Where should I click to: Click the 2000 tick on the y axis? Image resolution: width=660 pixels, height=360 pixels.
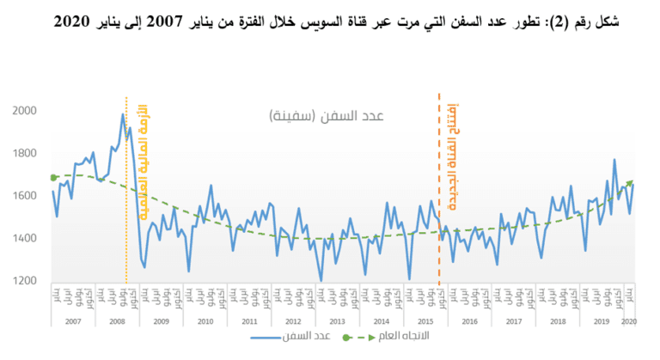[x=26, y=111]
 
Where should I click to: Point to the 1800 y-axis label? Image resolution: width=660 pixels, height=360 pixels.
[x=26, y=153]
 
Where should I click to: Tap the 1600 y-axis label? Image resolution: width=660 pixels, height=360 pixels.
[x=26, y=196]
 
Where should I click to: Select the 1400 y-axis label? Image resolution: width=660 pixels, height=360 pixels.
[x=26, y=238]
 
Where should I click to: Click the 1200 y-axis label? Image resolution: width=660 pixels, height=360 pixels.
[x=26, y=281]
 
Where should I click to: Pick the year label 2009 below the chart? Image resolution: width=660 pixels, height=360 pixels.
[x=161, y=320]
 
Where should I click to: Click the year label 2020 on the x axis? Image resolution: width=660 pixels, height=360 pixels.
[x=628, y=320]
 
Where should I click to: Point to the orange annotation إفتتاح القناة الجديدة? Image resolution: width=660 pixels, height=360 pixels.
[x=453, y=159]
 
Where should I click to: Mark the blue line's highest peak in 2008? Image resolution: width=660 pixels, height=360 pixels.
[x=123, y=114]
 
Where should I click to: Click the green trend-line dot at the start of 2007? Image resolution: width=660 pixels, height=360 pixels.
[x=54, y=178]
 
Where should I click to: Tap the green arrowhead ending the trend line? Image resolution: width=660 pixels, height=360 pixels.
[x=630, y=182]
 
